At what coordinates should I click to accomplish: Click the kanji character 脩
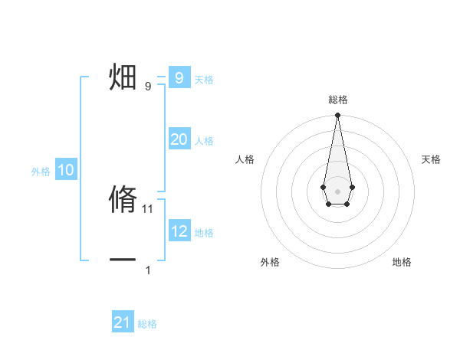[123, 199]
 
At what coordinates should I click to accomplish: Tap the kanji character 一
[123, 260]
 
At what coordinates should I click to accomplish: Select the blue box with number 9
[179, 77]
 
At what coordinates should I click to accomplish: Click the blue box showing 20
[179, 139]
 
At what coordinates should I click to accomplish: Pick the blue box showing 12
[179, 231]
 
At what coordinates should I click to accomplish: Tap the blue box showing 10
[66, 170]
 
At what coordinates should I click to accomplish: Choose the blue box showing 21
[123, 322]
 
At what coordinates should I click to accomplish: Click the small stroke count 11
[148, 208]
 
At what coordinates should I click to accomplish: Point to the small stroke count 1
[148, 270]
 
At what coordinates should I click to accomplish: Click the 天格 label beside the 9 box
[204, 79]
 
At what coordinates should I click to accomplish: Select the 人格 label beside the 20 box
[204, 141]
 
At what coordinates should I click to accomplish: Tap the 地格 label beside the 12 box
[204, 232]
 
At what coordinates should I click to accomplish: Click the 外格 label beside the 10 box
[41, 172]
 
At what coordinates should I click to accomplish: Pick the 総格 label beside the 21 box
[147, 324]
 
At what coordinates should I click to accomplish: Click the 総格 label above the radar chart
[337, 100]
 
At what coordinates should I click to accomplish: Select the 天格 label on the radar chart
[431, 159]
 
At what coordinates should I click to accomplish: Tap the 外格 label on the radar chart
[270, 262]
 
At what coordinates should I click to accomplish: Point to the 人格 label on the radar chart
[245, 159]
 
